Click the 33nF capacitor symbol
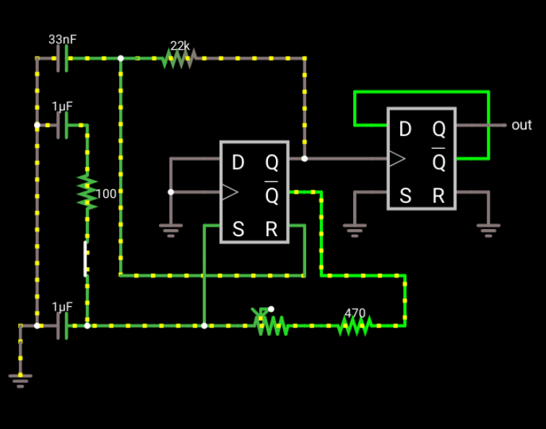[x=64, y=58]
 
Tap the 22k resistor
[x=178, y=58]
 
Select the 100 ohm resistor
[x=87, y=191]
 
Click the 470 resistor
[x=354, y=326]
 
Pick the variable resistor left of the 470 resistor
[x=272, y=325]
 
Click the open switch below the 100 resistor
[x=87, y=259]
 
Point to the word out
[x=521, y=125]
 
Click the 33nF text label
[x=62, y=40]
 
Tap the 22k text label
[x=180, y=46]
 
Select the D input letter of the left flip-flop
[x=238, y=163]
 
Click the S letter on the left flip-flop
[x=238, y=230]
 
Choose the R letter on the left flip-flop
[x=272, y=230]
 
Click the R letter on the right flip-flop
[x=438, y=196]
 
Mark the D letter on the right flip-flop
[x=405, y=129]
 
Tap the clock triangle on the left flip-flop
[x=230, y=192]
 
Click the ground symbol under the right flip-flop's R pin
[x=488, y=230]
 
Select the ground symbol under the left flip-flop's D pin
[x=170, y=230]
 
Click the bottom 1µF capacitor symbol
[x=64, y=326]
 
